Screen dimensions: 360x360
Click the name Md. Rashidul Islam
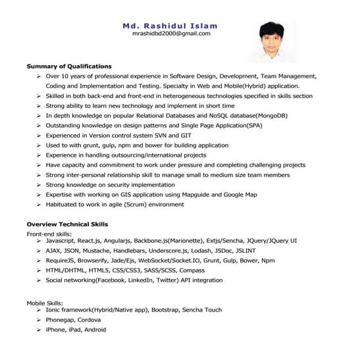170,26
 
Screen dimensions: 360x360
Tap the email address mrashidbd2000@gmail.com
171,34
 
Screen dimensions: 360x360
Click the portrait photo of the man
272,41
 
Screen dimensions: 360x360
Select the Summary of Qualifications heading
69,66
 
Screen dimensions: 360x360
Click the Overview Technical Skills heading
67,224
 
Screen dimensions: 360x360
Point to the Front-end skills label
49,234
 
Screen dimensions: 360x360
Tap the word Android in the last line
95,330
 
